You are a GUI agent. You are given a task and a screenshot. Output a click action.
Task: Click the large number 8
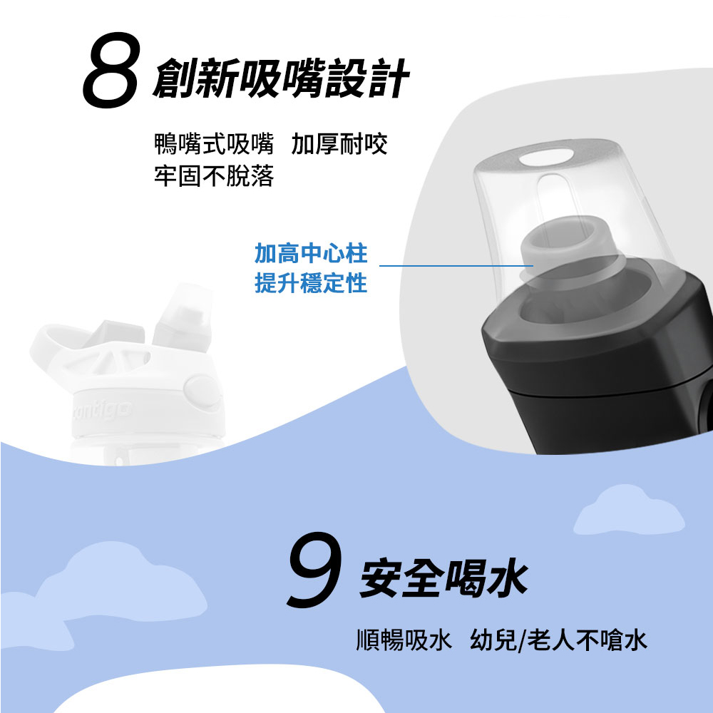tap(111, 71)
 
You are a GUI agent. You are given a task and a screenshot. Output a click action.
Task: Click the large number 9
tap(314, 569)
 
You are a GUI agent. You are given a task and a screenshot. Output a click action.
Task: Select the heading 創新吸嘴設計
tap(282, 78)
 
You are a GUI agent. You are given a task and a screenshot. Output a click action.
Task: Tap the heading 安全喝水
tap(443, 578)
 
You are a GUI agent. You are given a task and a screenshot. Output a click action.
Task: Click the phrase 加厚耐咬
tap(339, 144)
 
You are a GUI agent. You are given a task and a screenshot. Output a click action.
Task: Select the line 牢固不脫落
tap(214, 176)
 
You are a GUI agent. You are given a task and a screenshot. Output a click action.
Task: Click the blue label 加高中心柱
tap(311, 253)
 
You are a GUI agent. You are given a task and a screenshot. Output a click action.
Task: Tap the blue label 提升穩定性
tap(311, 283)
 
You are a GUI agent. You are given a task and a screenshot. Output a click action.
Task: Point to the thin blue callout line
tap(456, 265)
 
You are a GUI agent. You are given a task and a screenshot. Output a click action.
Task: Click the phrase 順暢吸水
tap(404, 640)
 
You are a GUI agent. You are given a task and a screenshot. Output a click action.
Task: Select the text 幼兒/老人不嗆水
tap(558, 640)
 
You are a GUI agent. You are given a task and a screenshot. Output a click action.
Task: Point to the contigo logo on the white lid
tap(102, 411)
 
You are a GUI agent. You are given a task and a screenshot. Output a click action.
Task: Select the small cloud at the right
tap(629, 511)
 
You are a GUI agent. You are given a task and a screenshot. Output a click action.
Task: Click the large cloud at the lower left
tap(109, 587)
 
